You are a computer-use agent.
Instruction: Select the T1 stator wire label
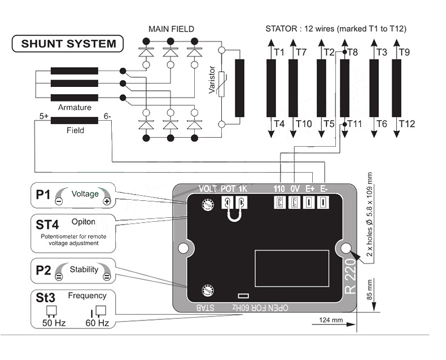278,52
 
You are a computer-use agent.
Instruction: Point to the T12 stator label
406,124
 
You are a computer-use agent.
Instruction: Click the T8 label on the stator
353,52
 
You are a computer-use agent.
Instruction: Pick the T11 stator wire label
354,124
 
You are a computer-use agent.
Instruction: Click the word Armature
74,107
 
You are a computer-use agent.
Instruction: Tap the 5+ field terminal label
44,117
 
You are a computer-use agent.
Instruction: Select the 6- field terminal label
107,117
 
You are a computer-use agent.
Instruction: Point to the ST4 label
47,224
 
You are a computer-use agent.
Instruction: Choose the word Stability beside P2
84,269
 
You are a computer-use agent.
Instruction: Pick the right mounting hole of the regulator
344,248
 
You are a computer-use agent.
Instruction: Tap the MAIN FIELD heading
171,29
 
